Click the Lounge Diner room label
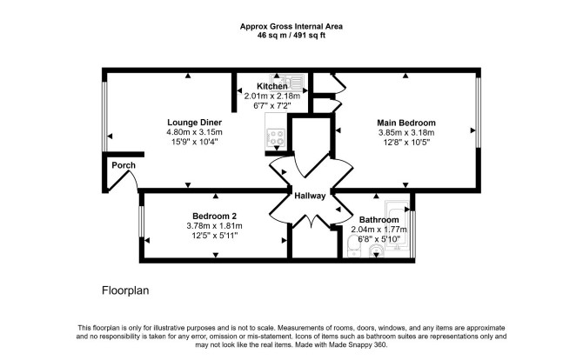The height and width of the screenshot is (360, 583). pyautogui.click(x=194, y=123)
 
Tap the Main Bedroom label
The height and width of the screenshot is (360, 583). pyautogui.click(x=406, y=123)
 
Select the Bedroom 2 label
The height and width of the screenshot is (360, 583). pyautogui.click(x=215, y=216)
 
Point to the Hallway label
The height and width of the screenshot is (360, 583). pyautogui.click(x=310, y=196)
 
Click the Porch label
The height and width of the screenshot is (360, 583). pyautogui.click(x=124, y=165)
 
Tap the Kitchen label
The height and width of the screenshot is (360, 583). pyautogui.click(x=272, y=86)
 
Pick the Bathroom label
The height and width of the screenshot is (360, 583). pyautogui.click(x=379, y=220)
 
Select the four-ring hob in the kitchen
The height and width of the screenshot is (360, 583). pyautogui.click(x=276, y=137)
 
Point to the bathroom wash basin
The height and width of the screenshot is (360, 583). pyautogui.click(x=377, y=251)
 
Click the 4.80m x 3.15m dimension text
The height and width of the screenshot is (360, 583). pyautogui.click(x=194, y=132)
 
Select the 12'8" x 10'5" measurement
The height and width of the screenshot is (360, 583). pyautogui.click(x=406, y=143)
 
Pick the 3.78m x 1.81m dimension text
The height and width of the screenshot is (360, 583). pyautogui.click(x=215, y=226)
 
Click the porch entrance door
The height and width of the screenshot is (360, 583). pyautogui.click(x=124, y=181)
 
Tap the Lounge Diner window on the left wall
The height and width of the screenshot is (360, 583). pyautogui.click(x=104, y=117)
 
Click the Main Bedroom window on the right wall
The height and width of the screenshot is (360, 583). pyautogui.click(x=479, y=112)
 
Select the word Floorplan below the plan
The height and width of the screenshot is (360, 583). pyautogui.click(x=125, y=290)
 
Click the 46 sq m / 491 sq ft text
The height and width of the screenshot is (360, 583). pyautogui.click(x=291, y=36)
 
